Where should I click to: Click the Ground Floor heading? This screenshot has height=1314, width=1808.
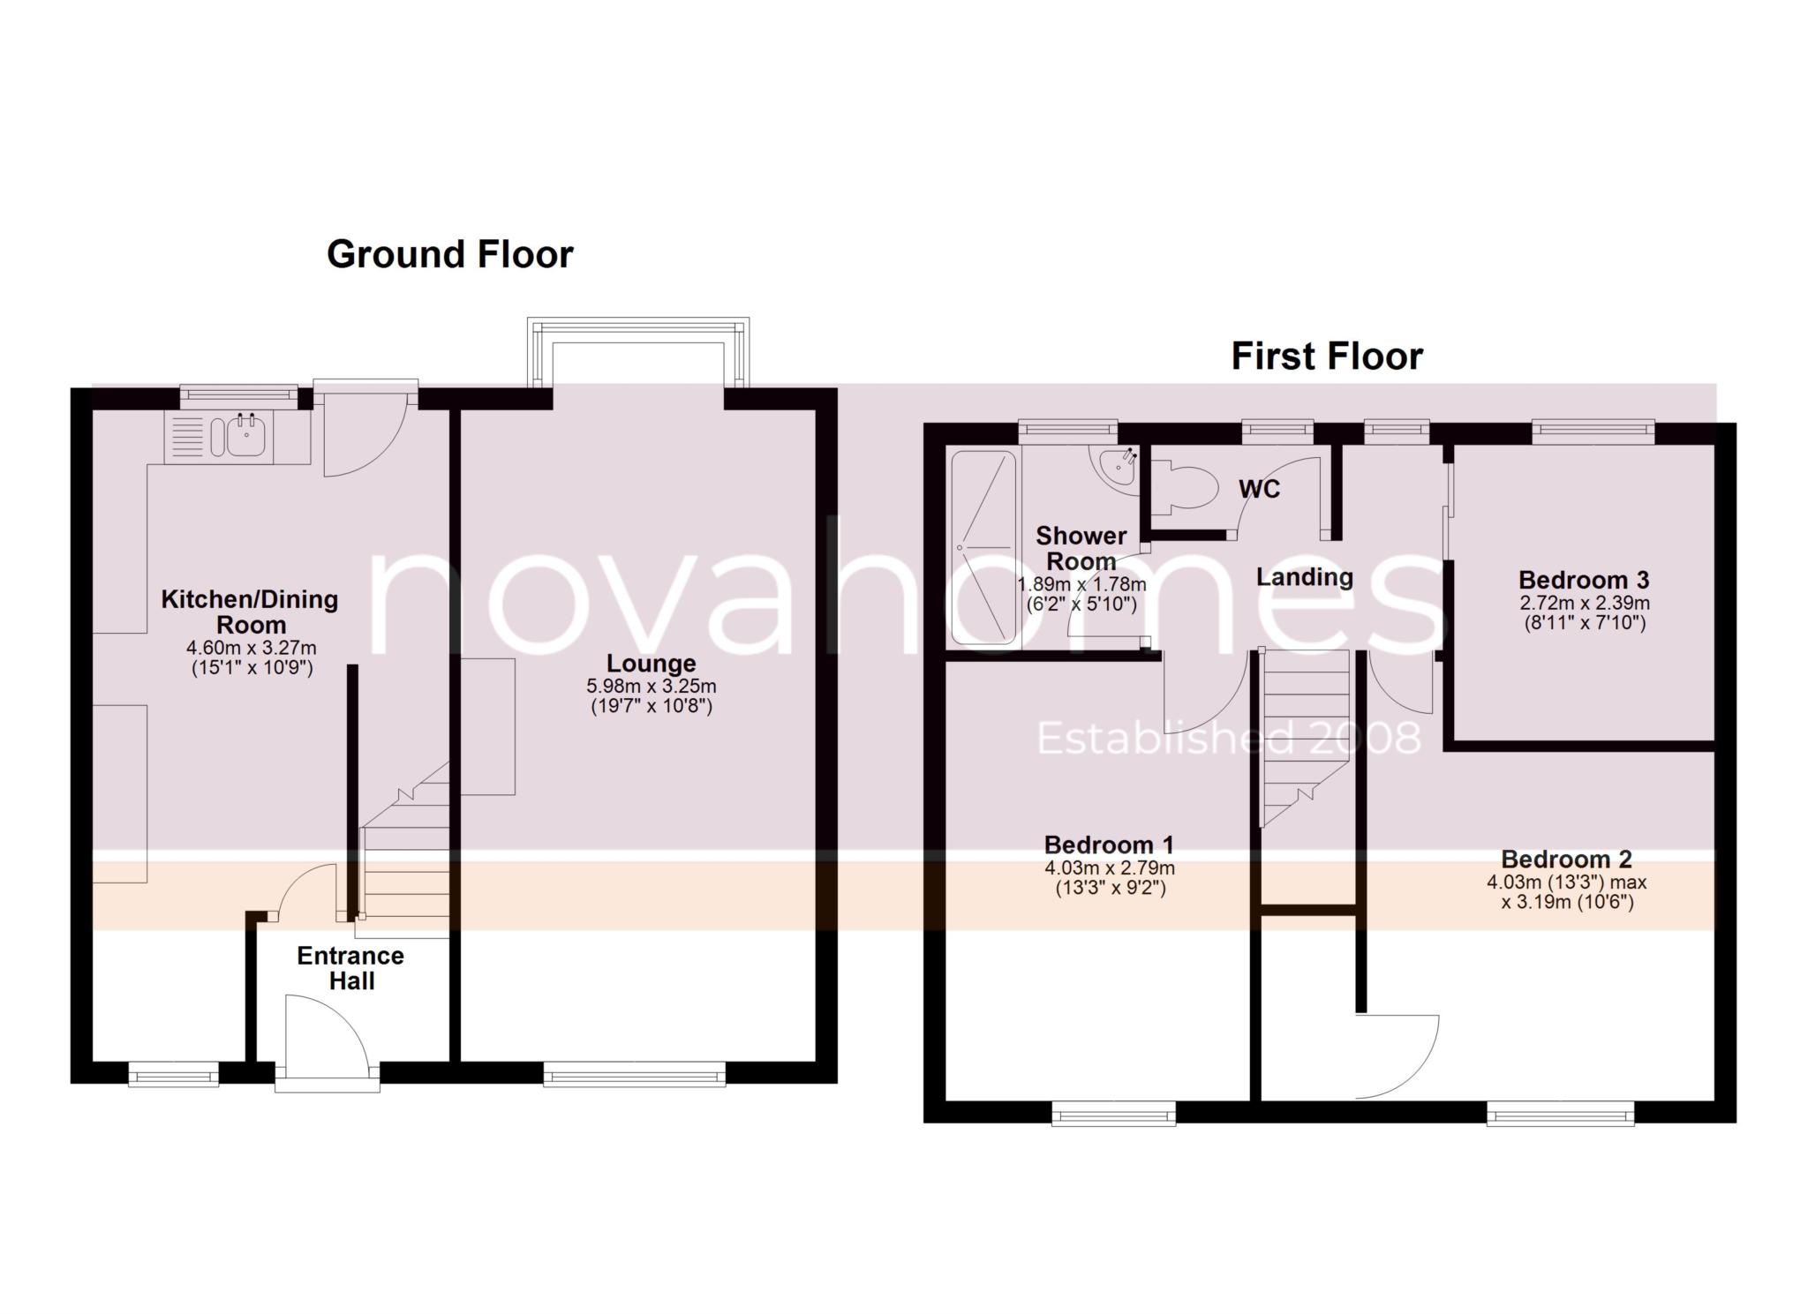tap(449, 254)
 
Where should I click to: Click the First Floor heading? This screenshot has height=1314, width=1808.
tap(1326, 357)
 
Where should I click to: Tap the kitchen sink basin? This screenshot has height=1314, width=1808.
tap(245, 436)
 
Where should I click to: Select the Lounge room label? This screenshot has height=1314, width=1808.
tap(651, 663)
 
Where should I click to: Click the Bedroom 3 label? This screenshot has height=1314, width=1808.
tap(1583, 580)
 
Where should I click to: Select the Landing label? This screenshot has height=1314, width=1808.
tap(1304, 577)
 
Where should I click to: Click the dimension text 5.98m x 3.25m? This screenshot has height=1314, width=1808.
tap(651, 686)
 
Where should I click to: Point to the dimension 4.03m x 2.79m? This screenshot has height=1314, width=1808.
tap(1109, 868)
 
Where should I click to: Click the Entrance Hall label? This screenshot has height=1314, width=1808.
tap(350, 968)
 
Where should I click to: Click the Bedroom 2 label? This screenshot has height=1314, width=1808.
tap(1566, 859)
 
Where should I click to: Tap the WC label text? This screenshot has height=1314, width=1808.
tap(1259, 489)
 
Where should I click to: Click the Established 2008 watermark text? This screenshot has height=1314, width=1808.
tap(1228, 739)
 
